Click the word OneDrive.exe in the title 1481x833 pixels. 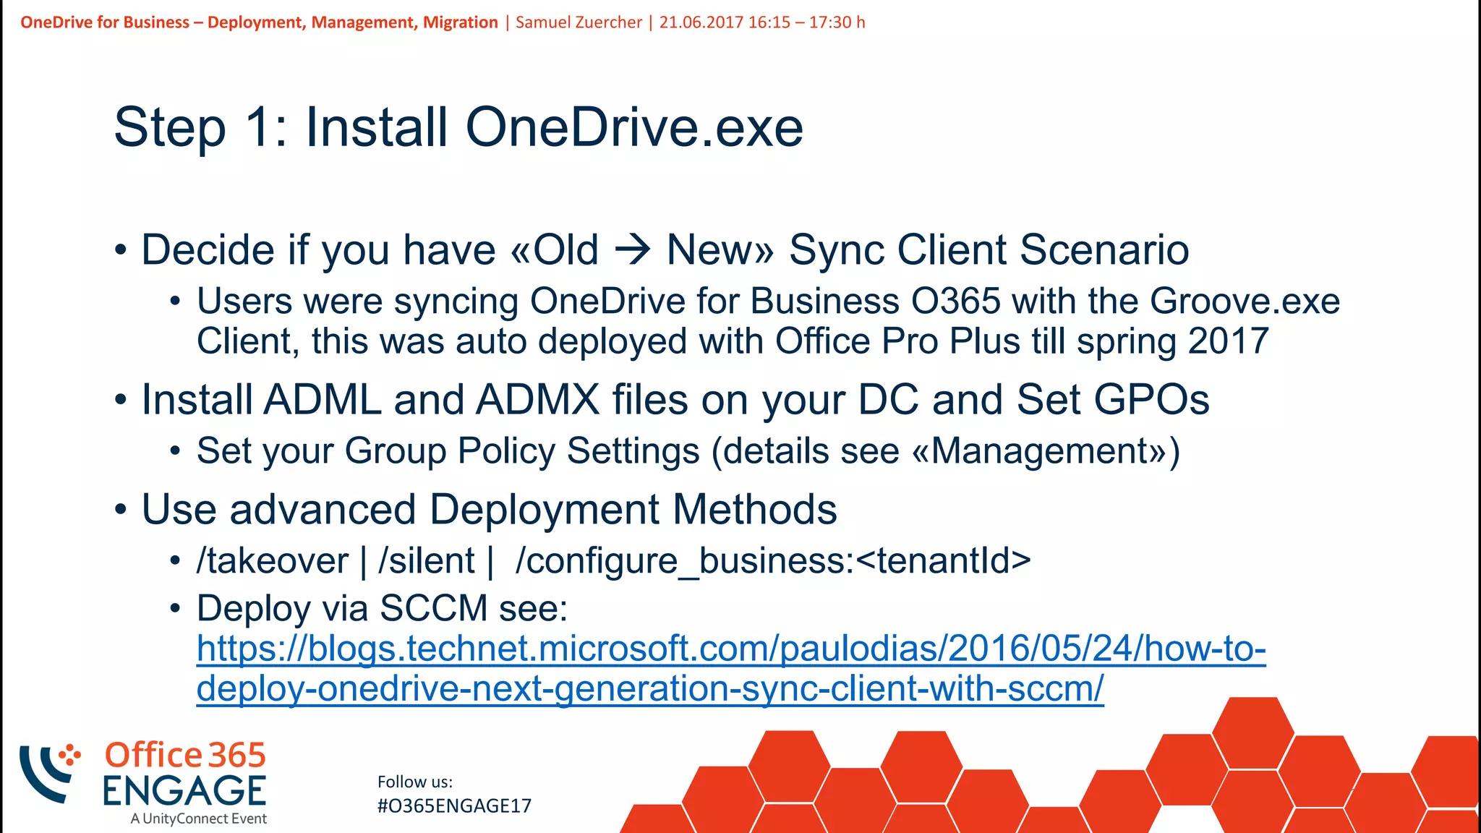pyautogui.click(x=634, y=127)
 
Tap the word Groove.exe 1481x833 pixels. pyautogui.click(x=1245, y=301)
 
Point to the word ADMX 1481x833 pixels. pyautogui.click(x=537, y=399)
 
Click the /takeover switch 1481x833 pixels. pyautogui.click(x=273, y=560)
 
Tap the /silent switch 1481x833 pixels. pyautogui.click(x=427, y=560)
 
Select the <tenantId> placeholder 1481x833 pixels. pyautogui.click(x=943, y=560)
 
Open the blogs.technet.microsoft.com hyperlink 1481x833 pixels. pyautogui.click(x=730, y=649)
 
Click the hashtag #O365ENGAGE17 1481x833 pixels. pyautogui.click(x=454, y=806)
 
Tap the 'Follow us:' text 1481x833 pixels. pyautogui.click(x=415, y=782)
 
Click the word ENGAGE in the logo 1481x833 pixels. pyautogui.click(x=184, y=791)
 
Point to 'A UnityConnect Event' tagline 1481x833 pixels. pyautogui.click(x=198, y=819)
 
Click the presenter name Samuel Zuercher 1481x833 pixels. pyautogui.click(x=579, y=22)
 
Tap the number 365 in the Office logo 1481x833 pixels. pyautogui.click(x=238, y=755)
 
